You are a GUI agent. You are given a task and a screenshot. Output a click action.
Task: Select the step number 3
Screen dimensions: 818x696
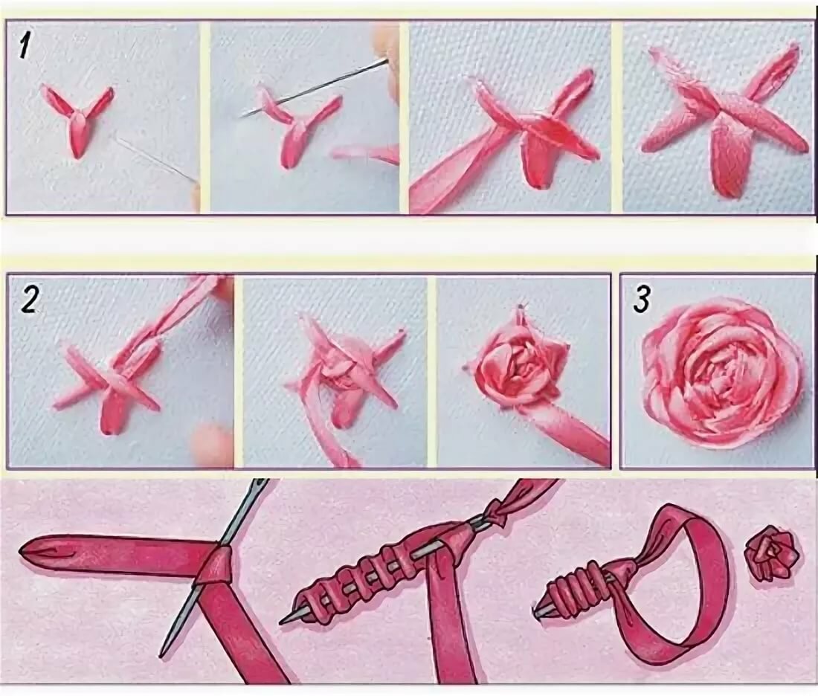643,300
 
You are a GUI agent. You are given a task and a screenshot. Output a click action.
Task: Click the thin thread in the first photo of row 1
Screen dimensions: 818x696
154,156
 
